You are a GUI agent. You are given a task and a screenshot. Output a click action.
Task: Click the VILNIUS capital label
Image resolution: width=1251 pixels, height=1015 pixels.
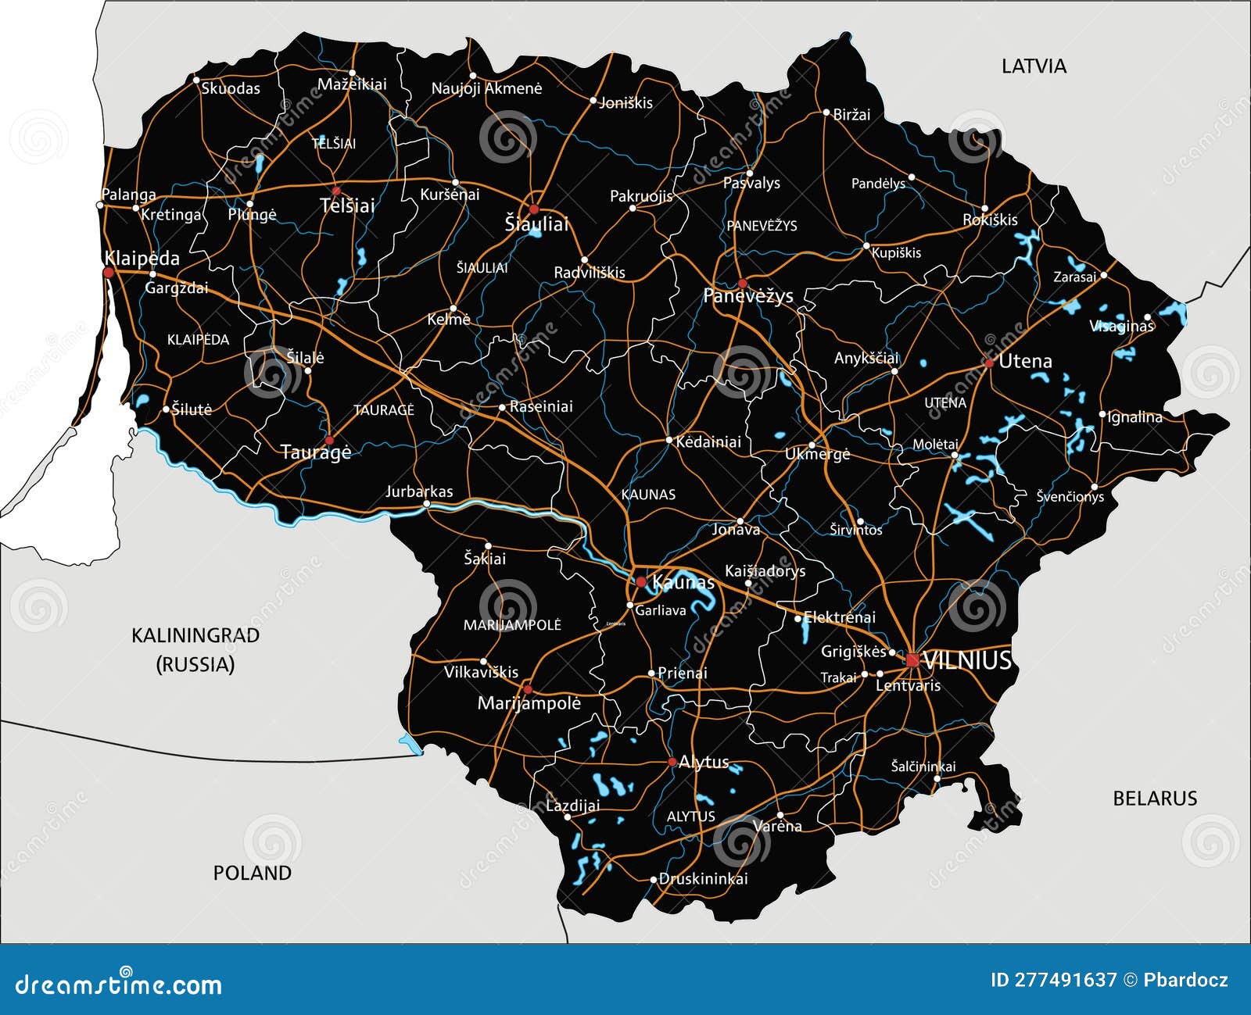pos(967,661)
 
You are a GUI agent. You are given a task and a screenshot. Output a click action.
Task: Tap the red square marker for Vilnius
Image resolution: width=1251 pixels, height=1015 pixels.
pos(912,660)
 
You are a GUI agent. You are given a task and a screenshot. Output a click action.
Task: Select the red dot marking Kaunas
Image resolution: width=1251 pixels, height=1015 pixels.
pos(641,582)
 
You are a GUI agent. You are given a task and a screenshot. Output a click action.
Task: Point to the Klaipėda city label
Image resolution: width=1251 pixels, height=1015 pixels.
pos(142,259)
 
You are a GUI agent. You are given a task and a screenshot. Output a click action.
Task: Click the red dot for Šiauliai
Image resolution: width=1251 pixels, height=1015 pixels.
pos(534,209)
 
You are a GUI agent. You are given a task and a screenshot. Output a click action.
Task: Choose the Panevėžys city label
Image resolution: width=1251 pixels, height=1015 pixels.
pos(748,296)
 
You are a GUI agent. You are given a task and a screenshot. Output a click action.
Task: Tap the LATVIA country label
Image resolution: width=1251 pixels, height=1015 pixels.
pos(1034,66)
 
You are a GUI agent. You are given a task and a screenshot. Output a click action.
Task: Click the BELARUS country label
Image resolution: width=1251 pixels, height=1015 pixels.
pos(1155,799)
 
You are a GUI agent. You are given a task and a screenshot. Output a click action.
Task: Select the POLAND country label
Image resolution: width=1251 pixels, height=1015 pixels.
pos(253,873)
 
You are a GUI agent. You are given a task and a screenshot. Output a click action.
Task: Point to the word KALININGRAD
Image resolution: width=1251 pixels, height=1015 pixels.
pos(195,635)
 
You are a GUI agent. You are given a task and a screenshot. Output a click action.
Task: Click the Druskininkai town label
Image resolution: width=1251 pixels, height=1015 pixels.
pos(703,879)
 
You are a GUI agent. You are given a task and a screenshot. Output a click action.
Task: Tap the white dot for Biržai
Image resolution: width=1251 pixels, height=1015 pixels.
pos(826,113)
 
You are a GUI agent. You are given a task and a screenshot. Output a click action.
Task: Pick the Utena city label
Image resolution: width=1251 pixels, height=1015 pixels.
pos(1025,361)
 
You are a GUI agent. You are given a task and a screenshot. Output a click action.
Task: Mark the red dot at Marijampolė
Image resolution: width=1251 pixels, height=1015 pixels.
pos(528,689)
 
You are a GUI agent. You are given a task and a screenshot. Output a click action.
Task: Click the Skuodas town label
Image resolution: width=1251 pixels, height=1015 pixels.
pos(231,88)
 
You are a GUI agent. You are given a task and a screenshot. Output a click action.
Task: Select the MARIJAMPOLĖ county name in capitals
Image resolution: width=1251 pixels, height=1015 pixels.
pos(512,625)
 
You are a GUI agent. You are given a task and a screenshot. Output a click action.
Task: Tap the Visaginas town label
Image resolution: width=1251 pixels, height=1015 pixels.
pos(1121,326)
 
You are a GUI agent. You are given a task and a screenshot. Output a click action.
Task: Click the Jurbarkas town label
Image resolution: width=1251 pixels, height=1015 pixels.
pos(419,491)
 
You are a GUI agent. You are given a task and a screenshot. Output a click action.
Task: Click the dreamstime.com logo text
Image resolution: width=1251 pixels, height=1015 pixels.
pos(119,985)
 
